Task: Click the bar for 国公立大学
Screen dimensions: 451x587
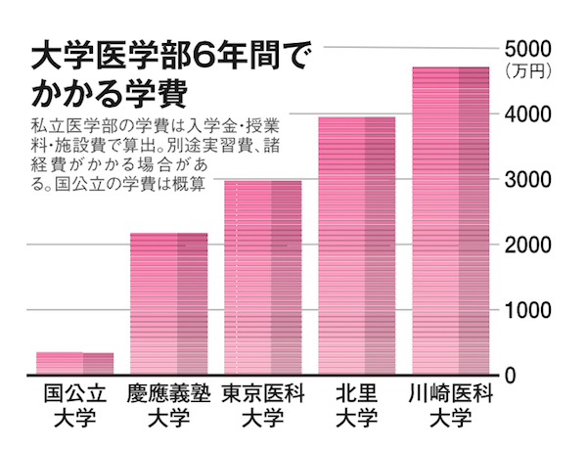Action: point(74,363)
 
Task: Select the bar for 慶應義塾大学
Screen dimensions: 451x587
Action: point(169,303)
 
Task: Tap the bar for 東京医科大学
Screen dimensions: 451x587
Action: point(263,277)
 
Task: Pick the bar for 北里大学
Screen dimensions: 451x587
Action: point(357,246)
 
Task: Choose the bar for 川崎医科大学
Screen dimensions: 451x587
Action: point(450,220)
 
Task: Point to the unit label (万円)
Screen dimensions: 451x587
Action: point(527,71)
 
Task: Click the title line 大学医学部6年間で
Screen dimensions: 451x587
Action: point(161,57)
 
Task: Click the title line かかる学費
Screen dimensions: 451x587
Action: point(110,95)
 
